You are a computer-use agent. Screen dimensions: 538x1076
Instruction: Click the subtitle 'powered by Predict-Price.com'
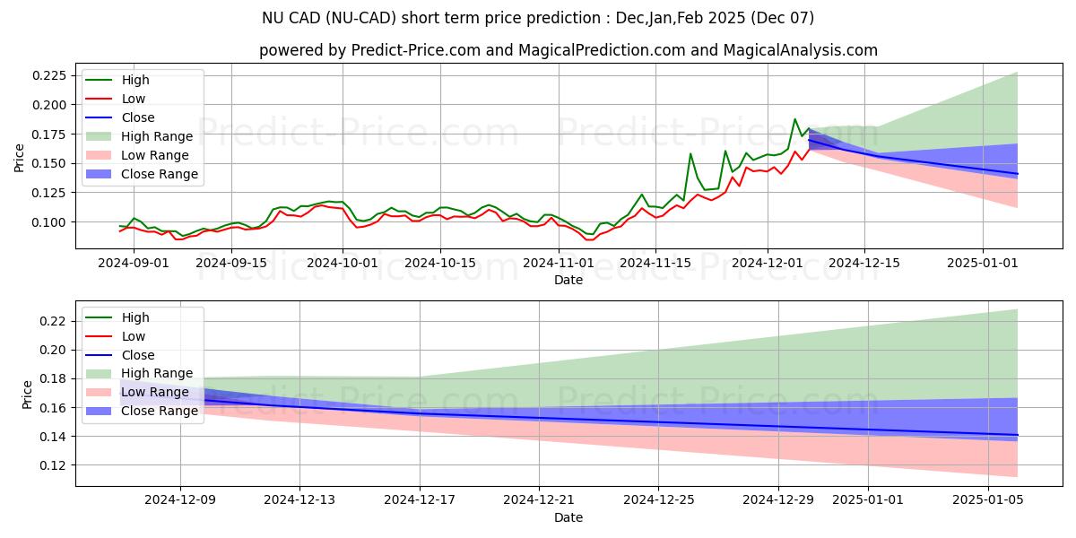pos(568,51)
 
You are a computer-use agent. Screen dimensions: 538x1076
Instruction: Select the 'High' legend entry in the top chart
pos(135,81)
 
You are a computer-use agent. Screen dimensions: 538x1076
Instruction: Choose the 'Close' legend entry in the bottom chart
pos(138,355)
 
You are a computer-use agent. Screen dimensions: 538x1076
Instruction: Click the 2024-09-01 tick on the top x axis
pos(132,263)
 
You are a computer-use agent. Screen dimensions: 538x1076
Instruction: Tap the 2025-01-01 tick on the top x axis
pos(983,263)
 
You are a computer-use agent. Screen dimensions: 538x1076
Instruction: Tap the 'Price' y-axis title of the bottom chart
pos(27,395)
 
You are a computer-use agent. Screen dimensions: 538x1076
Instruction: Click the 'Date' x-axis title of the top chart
pos(568,280)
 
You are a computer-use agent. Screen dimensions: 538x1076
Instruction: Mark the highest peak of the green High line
pos(794,119)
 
